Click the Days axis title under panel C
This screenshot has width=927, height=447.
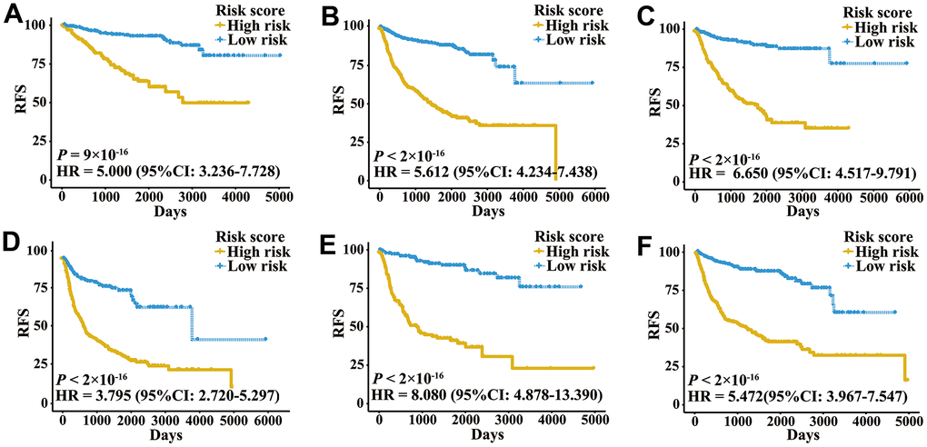coord(802,210)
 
